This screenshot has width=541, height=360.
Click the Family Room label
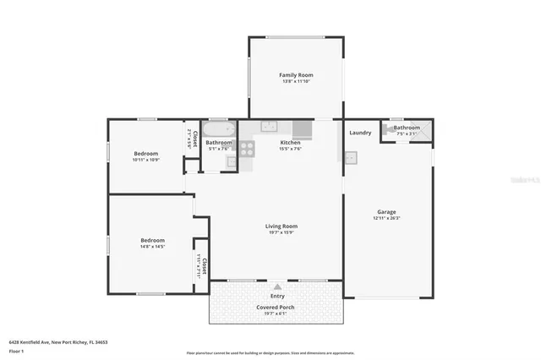coord(296,75)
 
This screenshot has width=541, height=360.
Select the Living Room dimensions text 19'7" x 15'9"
coord(281,232)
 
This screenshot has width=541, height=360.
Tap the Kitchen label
coord(290,143)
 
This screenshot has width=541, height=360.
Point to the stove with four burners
coord(248,149)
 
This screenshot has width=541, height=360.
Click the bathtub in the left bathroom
coord(220,129)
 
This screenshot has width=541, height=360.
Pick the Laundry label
coord(360,133)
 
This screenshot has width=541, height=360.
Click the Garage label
coord(386,211)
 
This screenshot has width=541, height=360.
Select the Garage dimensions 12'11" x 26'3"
coord(386,218)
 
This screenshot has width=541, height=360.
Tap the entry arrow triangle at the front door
coord(276,286)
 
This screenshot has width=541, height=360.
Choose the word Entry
coord(276,296)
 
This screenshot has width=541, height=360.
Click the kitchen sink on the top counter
coord(268,128)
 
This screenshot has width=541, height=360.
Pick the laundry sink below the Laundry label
coord(351,156)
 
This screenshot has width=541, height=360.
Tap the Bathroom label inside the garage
coord(407,128)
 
